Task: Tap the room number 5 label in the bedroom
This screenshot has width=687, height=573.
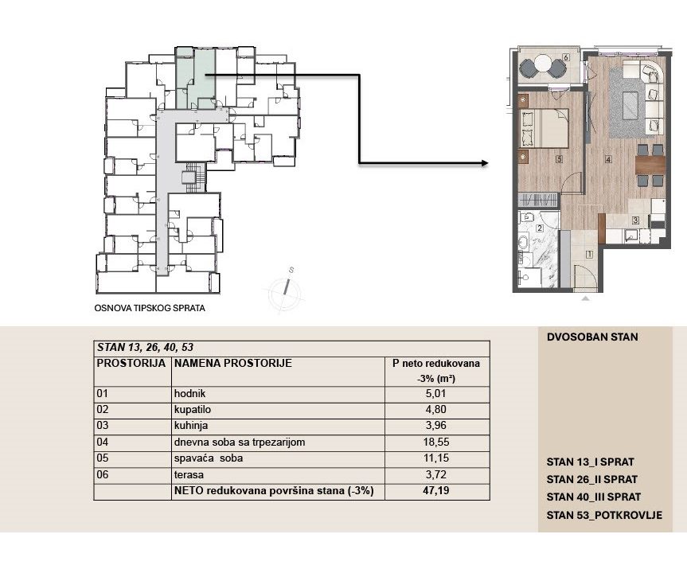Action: click(559, 159)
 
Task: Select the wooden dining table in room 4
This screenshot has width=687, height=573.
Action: click(650, 165)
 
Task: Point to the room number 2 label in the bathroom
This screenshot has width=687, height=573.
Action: click(540, 228)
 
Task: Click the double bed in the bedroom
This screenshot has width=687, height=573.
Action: click(545, 128)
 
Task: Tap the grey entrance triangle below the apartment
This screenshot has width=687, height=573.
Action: click(585, 298)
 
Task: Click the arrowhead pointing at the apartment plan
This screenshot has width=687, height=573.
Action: click(484, 163)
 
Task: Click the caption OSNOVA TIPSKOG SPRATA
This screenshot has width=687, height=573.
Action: click(150, 309)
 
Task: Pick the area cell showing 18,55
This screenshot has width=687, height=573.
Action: click(436, 442)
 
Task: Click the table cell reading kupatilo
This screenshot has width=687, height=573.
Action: click(193, 410)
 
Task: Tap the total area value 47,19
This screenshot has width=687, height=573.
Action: click(436, 491)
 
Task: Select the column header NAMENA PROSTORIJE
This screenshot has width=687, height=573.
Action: click(233, 363)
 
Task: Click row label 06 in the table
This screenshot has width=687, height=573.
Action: click(102, 475)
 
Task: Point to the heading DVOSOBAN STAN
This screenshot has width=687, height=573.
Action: click(592, 337)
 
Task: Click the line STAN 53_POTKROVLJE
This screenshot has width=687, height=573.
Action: click(605, 515)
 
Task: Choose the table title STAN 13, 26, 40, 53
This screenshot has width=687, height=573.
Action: click(145, 348)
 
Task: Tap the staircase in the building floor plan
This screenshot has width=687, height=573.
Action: click(194, 177)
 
